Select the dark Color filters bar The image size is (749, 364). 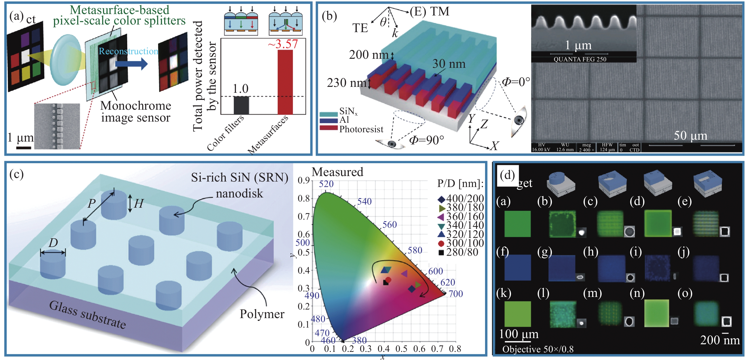pyautogui.click(x=241, y=105)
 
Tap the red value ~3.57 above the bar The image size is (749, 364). pyautogui.click(x=283, y=44)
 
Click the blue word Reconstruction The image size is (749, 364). pyautogui.click(x=128, y=51)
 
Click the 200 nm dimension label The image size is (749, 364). pyautogui.click(x=368, y=55)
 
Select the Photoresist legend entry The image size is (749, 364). pyautogui.click(x=361, y=129)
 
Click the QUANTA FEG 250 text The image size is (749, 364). pyautogui.click(x=580, y=59)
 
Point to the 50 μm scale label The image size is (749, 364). pyautogui.click(x=690, y=136)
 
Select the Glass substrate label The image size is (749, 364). pyautogui.click(x=87, y=315)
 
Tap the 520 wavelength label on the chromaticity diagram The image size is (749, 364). pyautogui.click(x=326, y=184)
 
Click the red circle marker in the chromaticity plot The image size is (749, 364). pyautogui.click(x=388, y=280)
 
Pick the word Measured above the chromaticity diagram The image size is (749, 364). pyautogui.click(x=337, y=172)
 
